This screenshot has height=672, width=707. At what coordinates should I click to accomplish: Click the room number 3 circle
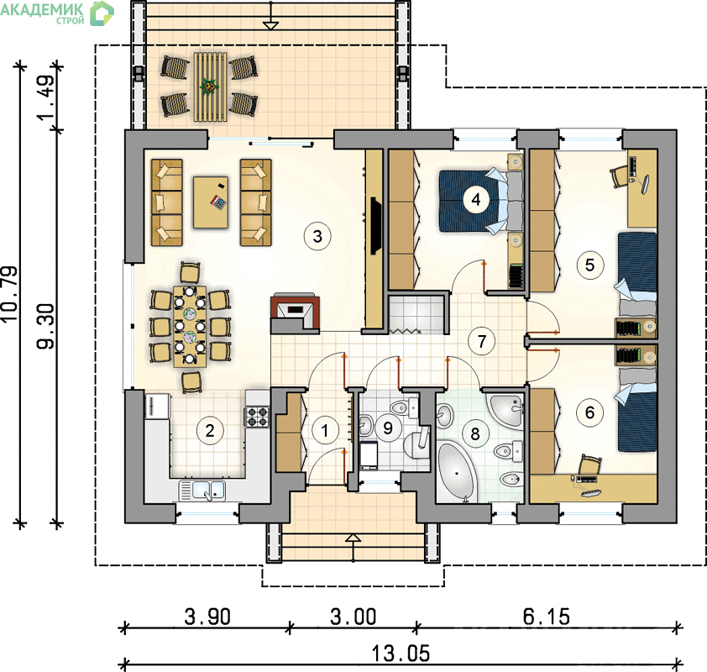pyautogui.click(x=317, y=236)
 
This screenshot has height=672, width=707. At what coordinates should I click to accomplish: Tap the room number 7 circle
pyautogui.click(x=482, y=341)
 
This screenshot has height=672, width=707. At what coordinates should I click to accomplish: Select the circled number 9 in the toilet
pyautogui.click(x=388, y=428)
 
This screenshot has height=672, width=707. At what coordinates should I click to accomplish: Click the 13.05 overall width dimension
pyautogui.click(x=401, y=654)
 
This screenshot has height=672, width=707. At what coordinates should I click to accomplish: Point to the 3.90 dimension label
pyautogui.click(x=207, y=617)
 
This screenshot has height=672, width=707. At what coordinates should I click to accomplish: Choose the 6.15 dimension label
pyautogui.click(x=546, y=617)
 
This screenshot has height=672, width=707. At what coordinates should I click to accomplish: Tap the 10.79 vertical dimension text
pyautogui.click(x=10, y=293)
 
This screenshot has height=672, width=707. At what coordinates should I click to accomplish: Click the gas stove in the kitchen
pyautogui.click(x=257, y=417)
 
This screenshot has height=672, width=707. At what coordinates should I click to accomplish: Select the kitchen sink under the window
pyautogui.click(x=202, y=491)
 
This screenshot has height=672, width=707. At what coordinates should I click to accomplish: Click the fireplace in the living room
pyautogui.click(x=296, y=314)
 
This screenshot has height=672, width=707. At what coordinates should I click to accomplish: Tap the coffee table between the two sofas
pyautogui.click(x=211, y=202)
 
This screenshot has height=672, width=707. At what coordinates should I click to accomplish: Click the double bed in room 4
pyautogui.click(x=481, y=201)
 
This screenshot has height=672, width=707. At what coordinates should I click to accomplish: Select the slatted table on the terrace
pyautogui.click(x=210, y=87)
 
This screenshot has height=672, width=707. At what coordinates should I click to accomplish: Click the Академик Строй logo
pyautogui.click(x=57, y=13)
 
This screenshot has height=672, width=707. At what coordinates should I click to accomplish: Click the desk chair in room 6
pyautogui.click(x=589, y=465)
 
